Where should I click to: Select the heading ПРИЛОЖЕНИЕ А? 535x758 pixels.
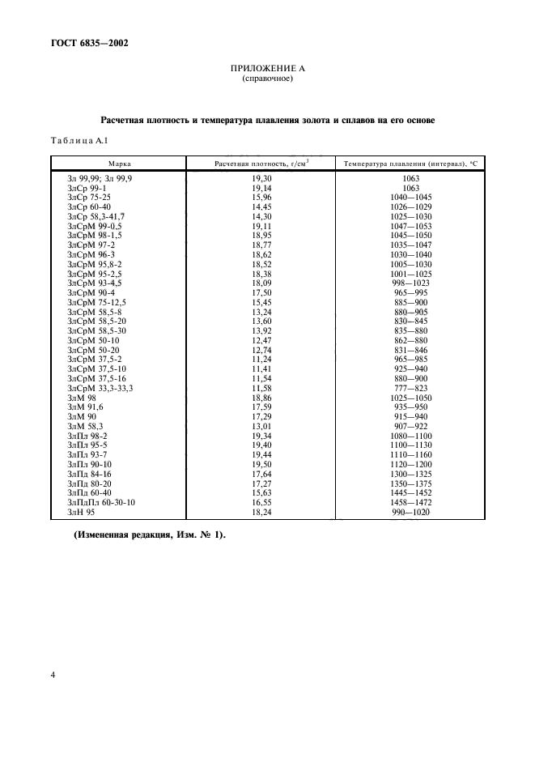pyautogui.click(x=267, y=69)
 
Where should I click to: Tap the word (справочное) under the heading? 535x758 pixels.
pyautogui.click(x=267, y=79)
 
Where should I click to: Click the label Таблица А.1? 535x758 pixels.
pyautogui.click(x=79, y=142)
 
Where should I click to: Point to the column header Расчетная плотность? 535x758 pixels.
pyautogui.click(x=261, y=164)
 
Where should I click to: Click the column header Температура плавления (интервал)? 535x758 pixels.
pyautogui.click(x=410, y=164)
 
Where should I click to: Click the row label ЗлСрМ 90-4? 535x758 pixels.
pyautogui.click(x=91, y=292)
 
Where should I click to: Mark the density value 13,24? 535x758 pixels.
pyautogui.click(x=261, y=312)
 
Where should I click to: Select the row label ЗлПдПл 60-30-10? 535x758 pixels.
pyautogui.click(x=101, y=502)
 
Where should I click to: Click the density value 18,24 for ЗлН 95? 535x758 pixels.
pyautogui.click(x=261, y=512)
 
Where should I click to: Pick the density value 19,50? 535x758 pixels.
pyautogui.click(x=261, y=466)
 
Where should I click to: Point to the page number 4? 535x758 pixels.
pyautogui.click(x=53, y=674)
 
